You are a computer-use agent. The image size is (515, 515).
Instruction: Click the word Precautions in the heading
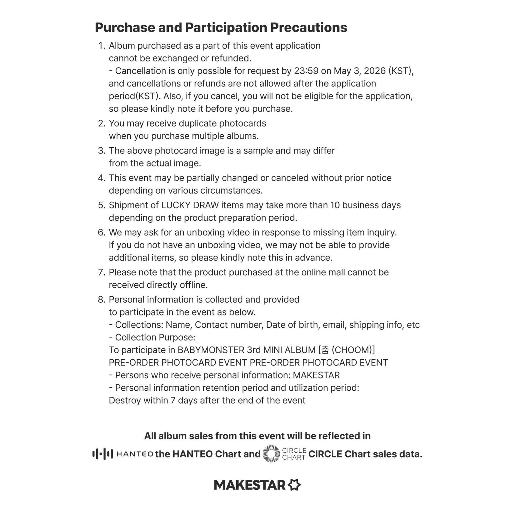[309, 27]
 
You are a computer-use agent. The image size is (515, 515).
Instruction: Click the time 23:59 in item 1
[306, 71]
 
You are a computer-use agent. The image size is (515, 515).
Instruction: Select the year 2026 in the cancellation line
[375, 71]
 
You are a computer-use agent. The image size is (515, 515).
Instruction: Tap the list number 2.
[102, 123]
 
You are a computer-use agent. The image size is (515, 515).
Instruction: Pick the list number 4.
[102, 178]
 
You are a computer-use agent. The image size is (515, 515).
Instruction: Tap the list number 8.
[102, 300]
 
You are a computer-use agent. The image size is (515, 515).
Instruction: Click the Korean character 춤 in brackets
[325, 350]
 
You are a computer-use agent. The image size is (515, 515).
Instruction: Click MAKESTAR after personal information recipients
[316, 375]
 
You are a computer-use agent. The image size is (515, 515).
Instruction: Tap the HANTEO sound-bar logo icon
[103, 454]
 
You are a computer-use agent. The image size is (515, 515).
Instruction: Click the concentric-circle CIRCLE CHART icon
[271, 454]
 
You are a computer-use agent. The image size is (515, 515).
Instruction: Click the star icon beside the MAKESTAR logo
[294, 485]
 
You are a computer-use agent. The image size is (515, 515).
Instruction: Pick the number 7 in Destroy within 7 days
[173, 401]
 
